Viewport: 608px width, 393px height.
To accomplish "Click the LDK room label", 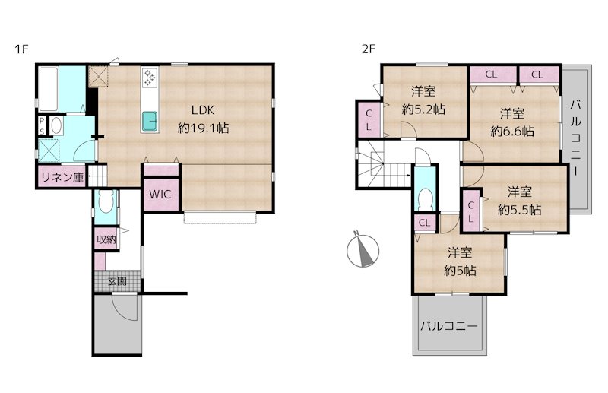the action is click(x=203, y=110).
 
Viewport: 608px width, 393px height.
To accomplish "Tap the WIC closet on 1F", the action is click(x=161, y=194).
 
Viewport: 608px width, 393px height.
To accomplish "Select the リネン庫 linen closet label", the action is click(x=62, y=178).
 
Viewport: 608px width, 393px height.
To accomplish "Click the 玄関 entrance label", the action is click(x=117, y=281).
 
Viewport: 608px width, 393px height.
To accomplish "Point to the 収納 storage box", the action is click(x=106, y=239).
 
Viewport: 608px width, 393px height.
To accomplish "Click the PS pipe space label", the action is click(x=42, y=126).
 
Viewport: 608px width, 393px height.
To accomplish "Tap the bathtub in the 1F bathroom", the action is click(x=49, y=89).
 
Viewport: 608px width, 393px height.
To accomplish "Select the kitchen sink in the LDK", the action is click(x=150, y=121).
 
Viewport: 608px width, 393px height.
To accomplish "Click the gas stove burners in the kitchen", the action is click(x=150, y=77).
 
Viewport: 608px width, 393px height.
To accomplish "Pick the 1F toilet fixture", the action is click(x=106, y=202).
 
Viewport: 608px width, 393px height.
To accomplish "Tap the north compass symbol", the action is click(x=363, y=250).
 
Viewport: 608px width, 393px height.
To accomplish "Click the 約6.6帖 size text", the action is click(x=511, y=132).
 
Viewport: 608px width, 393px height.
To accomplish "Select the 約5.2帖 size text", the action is click(x=423, y=109).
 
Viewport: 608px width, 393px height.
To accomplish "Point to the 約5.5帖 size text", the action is click(x=519, y=210).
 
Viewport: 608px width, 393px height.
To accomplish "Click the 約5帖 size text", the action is click(x=460, y=270).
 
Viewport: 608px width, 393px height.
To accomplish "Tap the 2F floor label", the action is click(x=369, y=49).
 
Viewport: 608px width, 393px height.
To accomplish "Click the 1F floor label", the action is click(x=22, y=49).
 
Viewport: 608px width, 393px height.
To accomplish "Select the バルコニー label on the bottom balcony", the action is click(x=449, y=326).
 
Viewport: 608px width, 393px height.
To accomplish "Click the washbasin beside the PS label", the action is click(x=56, y=125).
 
